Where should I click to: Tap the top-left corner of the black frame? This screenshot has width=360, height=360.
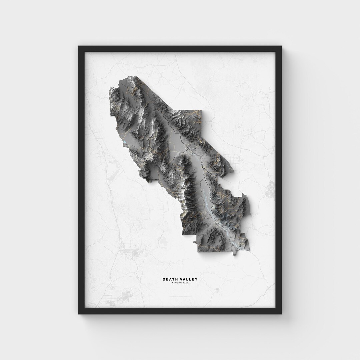pos(79,47)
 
